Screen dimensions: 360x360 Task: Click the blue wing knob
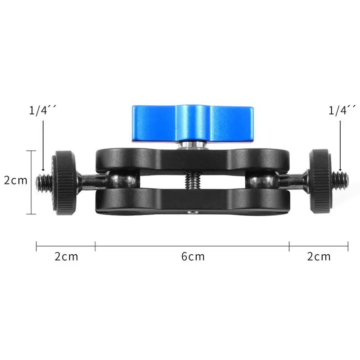tap(193, 123)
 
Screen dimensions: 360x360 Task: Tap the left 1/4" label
tap(42, 110)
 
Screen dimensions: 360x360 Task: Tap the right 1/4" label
tap(342, 110)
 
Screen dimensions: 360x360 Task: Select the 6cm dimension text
tap(193, 256)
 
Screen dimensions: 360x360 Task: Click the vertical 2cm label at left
tap(16, 180)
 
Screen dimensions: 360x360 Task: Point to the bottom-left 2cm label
tap(66, 256)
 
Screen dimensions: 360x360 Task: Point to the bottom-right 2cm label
tap(319, 256)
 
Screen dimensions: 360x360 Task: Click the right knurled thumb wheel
tap(320, 181)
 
